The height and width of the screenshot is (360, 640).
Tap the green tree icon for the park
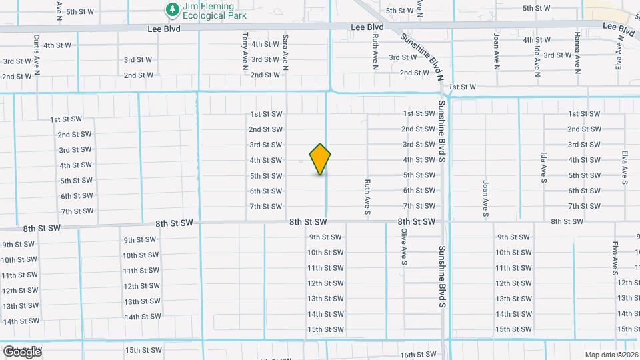(173, 9)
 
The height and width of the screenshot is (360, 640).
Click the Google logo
(21, 351)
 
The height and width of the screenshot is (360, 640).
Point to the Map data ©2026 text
(611, 355)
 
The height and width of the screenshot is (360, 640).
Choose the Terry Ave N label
(245, 51)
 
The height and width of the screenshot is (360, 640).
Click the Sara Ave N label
(285, 52)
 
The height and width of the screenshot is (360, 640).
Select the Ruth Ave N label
(376, 52)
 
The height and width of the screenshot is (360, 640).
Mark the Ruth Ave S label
(367, 198)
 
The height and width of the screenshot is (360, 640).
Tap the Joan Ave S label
(486, 198)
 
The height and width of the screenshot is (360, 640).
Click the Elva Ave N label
(619, 52)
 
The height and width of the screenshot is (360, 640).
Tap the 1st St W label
(463, 87)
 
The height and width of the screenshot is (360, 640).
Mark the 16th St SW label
(417, 355)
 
